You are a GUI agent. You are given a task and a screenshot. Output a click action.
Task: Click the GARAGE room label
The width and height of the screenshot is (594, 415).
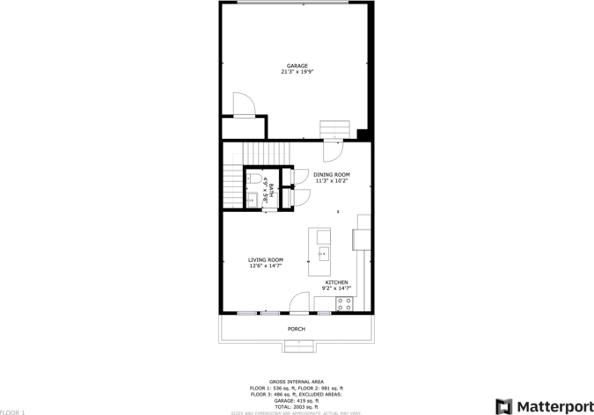click(x=297, y=66)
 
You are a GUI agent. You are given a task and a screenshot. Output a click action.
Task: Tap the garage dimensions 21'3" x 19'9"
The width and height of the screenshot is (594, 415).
click(x=297, y=72)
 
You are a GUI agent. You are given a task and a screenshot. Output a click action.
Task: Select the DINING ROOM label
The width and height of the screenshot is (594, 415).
click(x=332, y=175)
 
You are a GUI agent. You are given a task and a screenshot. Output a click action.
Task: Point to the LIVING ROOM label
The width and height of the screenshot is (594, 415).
click(x=265, y=259)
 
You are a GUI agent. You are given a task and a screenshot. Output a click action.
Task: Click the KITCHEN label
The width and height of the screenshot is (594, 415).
click(x=337, y=282)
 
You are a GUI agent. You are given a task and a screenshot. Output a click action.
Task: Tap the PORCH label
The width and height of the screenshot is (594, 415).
click(x=297, y=329)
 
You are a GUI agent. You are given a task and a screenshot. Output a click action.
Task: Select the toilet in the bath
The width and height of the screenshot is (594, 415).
click(x=253, y=179)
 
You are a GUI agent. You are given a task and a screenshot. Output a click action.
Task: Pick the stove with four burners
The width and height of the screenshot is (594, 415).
click(x=343, y=304)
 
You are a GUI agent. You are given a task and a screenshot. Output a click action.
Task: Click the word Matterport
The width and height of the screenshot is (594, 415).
click(x=554, y=406)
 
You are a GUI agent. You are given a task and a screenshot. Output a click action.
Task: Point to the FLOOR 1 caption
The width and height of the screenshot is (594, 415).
click(x=13, y=411)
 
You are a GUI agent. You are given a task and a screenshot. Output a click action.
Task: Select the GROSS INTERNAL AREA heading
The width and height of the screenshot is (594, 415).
click(x=297, y=382)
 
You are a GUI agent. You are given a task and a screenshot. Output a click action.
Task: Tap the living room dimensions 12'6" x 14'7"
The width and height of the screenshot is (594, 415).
click(x=265, y=266)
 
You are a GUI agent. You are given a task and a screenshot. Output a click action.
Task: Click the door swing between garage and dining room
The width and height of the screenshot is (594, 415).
click(x=334, y=151)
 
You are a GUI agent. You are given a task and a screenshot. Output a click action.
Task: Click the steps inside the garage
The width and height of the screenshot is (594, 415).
click(x=334, y=131)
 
